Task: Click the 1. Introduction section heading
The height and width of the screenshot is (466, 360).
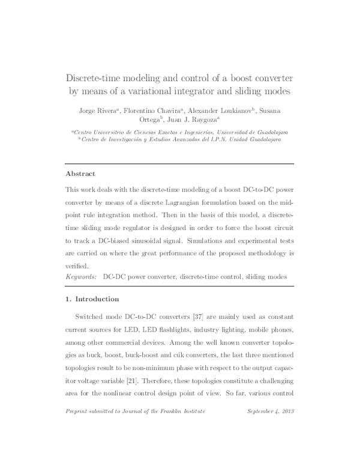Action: (x=92, y=299)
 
